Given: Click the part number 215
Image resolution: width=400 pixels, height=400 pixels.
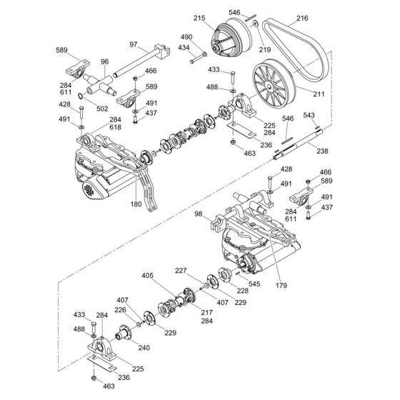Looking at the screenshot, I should (x=198, y=17).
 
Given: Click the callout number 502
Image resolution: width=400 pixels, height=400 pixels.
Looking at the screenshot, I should (x=102, y=109).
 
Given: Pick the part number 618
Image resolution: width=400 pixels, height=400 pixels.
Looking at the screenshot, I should (x=115, y=126).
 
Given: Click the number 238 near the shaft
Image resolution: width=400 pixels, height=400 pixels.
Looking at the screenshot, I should (x=323, y=151).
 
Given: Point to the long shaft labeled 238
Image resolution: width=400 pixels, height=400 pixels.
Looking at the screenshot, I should (x=293, y=142).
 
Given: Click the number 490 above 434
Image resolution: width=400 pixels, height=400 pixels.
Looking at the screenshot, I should (x=186, y=37).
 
